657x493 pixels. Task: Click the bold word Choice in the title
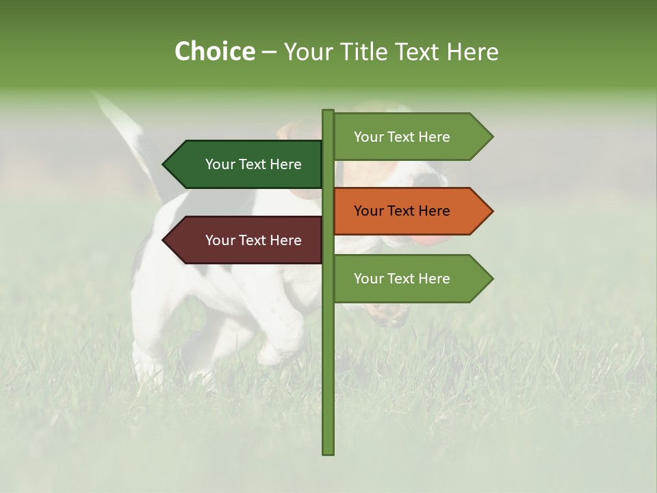click(x=214, y=52)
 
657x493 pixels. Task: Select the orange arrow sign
click(x=411, y=211)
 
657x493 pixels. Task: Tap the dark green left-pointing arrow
click(x=246, y=164)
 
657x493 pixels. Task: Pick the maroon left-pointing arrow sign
click(x=246, y=240)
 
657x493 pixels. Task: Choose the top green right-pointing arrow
click(x=411, y=137)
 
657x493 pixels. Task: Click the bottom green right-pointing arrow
click(x=411, y=279)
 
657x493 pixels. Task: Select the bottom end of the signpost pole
click(x=328, y=452)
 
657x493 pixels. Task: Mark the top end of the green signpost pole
click(x=328, y=112)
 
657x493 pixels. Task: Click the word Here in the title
click(x=472, y=52)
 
